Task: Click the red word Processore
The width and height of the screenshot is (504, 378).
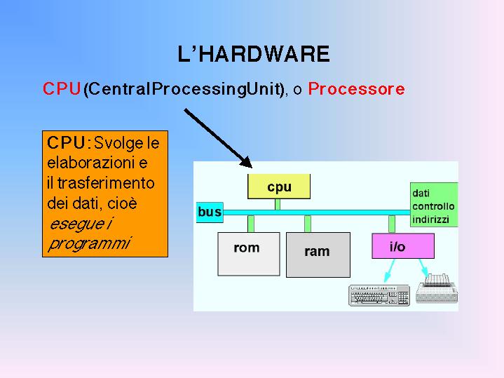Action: (x=356, y=90)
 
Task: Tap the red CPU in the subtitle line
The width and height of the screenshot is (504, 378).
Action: (x=62, y=90)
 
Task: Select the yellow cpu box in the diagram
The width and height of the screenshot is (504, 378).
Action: (x=279, y=187)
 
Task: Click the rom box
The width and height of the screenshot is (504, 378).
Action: (x=247, y=254)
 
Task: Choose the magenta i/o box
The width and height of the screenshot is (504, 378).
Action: (x=402, y=246)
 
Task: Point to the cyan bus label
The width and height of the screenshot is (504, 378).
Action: (x=210, y=211)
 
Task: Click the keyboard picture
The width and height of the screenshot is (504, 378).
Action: (x=379, y=296)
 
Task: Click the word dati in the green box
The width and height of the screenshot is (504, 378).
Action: (x=421, y=193)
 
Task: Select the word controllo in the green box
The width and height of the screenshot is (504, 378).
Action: (x=433, y=206)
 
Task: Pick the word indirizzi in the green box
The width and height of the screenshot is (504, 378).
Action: (x=431, y=220)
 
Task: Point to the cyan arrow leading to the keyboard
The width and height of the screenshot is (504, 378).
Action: (x=389, y=270)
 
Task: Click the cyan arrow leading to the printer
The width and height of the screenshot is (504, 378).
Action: (x=423, y=266)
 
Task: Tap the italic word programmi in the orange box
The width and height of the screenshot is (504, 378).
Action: (x=89, y=243)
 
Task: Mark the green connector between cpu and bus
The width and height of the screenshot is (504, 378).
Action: (x=278, y=204)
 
